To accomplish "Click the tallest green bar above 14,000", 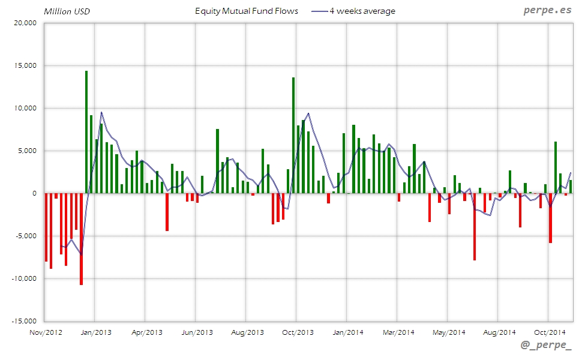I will pos(86,132).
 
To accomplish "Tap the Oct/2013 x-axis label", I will pos(298,332).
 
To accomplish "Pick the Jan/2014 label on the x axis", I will pos(348,332).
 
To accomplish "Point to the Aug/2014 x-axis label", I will pos(499,332).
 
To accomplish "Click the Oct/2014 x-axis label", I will pos(550,332).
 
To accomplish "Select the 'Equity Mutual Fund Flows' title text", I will pos(247,11).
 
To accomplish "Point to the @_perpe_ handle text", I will pos(546,346).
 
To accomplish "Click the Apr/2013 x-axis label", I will pos(146,332).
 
